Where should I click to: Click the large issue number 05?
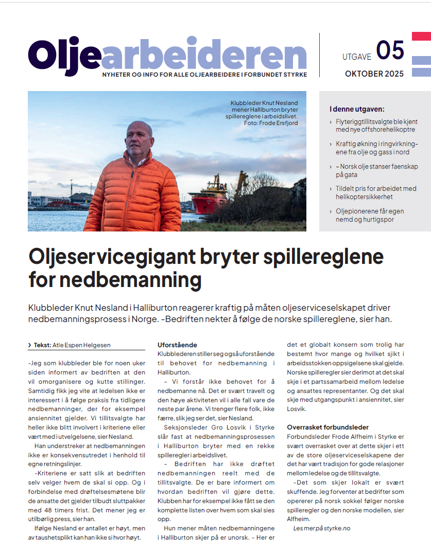coord(390,50)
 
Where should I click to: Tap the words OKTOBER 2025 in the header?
coord(374,74)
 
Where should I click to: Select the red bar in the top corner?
coord(421,37)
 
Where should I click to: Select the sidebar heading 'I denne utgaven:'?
coord(357,109)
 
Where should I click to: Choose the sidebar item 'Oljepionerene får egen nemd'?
coord(370,216)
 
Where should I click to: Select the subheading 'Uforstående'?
coord(177,345)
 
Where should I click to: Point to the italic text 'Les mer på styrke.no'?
coord(321,528)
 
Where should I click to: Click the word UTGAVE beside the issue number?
coord(357,57)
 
